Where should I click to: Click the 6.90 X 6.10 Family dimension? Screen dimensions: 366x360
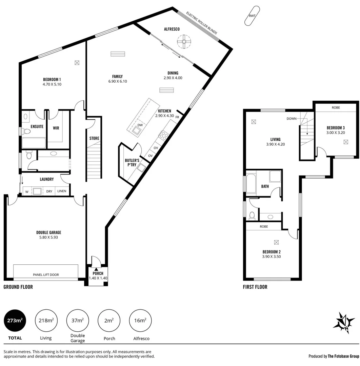coord(118,81)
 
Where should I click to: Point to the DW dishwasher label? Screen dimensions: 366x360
coord(140,125)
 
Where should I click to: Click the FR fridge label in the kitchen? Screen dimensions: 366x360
coord(177,117)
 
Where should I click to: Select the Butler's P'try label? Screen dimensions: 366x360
coord(132,163)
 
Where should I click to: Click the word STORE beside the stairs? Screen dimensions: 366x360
coord(94,138)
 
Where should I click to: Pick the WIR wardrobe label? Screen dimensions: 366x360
coord(56,128)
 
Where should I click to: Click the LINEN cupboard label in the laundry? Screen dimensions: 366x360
coord(62,191)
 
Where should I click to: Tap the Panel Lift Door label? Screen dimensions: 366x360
coord(46,275)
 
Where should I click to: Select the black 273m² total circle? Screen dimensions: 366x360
coord(15,320)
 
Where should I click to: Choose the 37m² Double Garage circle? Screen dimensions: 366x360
coord(78,320)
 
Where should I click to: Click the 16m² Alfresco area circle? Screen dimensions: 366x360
coord(140,320)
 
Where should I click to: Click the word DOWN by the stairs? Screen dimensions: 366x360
coord(292,119)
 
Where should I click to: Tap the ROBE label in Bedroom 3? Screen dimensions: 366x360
coord(336,107)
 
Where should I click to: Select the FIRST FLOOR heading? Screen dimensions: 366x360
coord(255,287)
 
